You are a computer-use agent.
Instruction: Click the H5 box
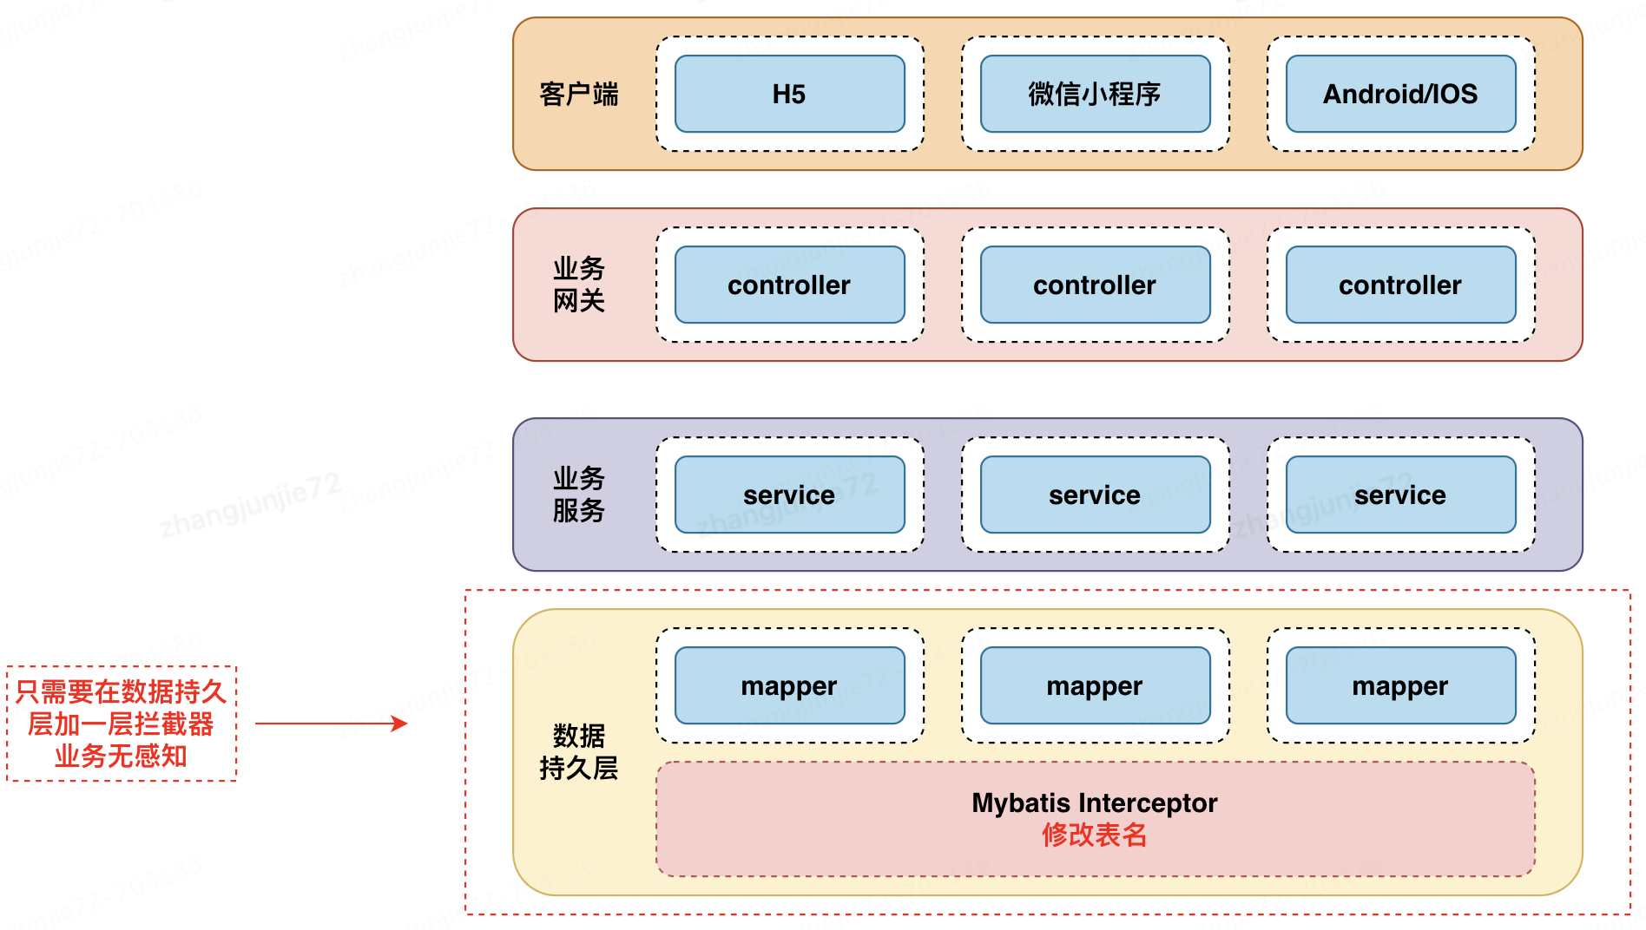[789, 94]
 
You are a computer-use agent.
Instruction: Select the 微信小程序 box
[1095, 94]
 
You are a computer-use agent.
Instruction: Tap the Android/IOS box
[1400, 94]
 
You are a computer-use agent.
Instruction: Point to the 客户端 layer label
[578, 94]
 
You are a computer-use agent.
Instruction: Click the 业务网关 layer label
[578, 285]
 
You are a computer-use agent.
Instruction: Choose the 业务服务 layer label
[578, 494]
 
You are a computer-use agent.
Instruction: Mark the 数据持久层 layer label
[578, 752]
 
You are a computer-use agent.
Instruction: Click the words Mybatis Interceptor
[1094, 802]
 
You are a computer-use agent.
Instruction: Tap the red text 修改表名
[1094, 835]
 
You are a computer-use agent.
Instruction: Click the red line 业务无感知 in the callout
[121, 756]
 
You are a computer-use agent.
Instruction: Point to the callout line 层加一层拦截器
[121, 724]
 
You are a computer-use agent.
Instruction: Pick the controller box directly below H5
[789, 285]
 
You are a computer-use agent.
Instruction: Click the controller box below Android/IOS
[1400, 285]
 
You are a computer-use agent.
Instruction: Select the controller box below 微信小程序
[1095, 285]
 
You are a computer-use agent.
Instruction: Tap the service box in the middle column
[1095, 494]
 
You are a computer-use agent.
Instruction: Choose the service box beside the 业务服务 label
[789, 494]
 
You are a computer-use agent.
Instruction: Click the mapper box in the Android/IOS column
[1400, 685]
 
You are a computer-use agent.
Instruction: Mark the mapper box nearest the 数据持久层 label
[789, 685]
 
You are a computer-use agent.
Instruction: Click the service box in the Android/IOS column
[1400, 494]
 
